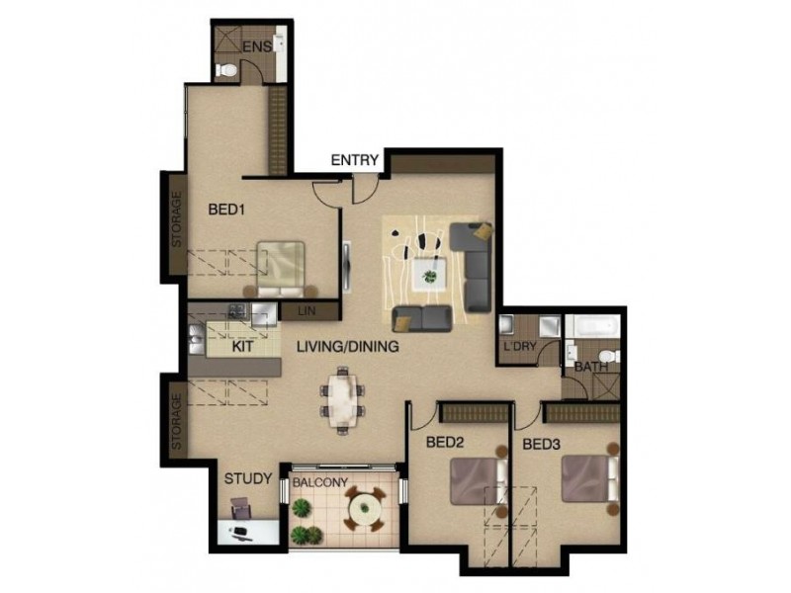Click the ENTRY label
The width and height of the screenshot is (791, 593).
click(355, 160)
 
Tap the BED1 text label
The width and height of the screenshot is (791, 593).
click(226, 210)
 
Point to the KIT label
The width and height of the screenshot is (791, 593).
click(244, 347)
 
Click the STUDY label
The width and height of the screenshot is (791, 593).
click(247, 479)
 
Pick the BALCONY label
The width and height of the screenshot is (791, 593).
click(319, 482)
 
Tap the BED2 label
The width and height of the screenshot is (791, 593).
click(445, 444)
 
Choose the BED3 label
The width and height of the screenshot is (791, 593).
click(542, 444)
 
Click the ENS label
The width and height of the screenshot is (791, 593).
click(256, 46)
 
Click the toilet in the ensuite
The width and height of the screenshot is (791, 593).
click(226, 68)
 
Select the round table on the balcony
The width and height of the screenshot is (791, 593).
click(363, 511)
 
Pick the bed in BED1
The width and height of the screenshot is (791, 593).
click(280, 268)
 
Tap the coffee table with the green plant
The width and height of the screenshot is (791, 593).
click(429, 272)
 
